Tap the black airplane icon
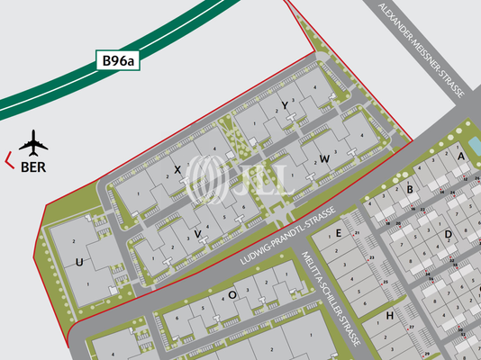33,143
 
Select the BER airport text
33,166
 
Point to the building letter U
80,263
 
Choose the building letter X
177,168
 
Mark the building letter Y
284,105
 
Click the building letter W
323,158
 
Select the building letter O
231,294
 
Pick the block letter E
339,233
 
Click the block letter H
389,316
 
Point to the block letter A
460,156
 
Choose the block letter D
447,235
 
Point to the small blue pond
473,144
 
